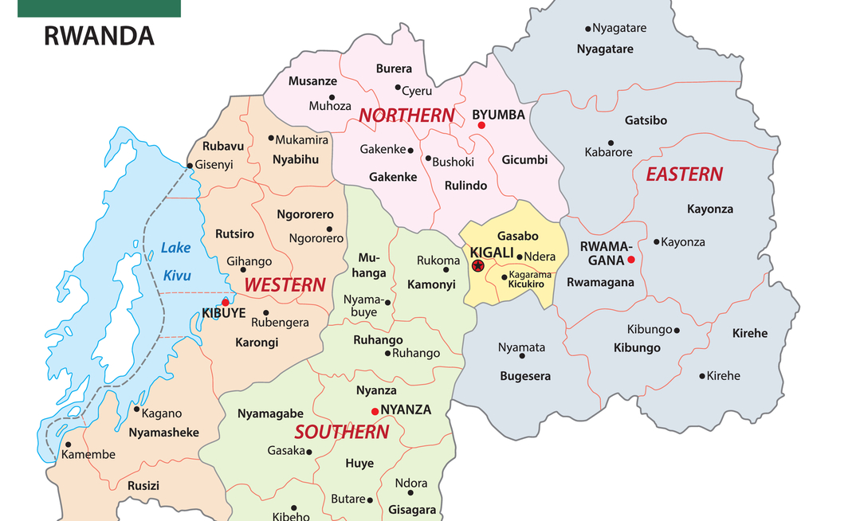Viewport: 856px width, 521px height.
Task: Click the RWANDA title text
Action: (x=99, y=36)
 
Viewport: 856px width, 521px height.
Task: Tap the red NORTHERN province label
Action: (x=406, y=116)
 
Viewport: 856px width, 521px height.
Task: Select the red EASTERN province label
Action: (x=684, y=174)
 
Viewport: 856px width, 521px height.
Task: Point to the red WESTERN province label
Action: (x=285, y=284)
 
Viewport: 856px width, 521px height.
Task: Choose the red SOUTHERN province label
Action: (x=341, y=433)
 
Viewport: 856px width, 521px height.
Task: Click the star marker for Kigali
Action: (x=477, y=266)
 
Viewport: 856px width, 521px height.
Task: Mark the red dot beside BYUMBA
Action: (x=481, y=126)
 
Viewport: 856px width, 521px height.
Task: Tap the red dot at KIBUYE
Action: (x=226, y=302)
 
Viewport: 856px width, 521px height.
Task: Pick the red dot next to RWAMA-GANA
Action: (x=630, y=260)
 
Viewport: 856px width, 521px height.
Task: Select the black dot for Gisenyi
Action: (x=190, y=166)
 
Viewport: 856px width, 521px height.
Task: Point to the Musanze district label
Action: (x=312, y=81)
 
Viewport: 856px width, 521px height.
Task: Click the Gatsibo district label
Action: (x=646, y=121)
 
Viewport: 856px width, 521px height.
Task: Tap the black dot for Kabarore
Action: (x=611, y=143)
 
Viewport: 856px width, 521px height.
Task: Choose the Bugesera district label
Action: (x=525, y=376)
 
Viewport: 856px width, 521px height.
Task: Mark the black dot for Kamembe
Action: (x=69, y=445)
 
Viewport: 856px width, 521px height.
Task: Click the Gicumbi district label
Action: (x=524, y=160)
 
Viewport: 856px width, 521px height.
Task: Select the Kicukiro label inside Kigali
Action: (x=526, y=284)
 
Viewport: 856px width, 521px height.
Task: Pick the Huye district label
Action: (x=359, y=464)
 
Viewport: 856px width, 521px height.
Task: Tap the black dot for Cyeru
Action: (x=398, y=88)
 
